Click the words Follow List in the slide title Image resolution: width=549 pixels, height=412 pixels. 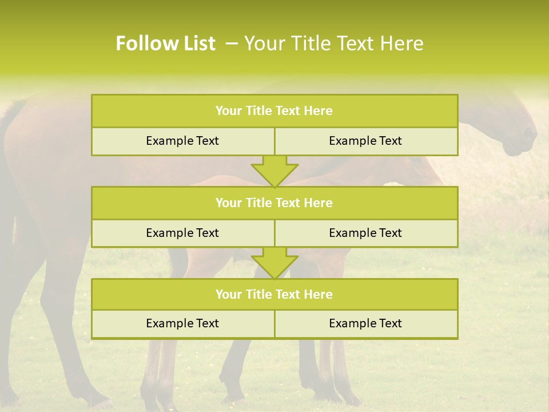point(166,43)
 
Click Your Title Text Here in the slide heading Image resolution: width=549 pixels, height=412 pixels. point(334,43)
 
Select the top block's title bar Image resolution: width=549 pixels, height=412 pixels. point(274,111)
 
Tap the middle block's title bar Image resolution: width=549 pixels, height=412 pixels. point(274,203)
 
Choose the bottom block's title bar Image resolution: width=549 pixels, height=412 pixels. point(274,294)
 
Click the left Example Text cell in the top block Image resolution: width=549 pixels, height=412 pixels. point(182,141)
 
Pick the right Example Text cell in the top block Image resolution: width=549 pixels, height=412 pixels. point(365,141)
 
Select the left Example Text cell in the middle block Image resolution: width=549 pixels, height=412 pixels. point(182,233)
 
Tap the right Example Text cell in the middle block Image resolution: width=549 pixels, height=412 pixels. point(365,233)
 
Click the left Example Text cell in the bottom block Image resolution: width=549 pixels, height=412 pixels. point(182,323)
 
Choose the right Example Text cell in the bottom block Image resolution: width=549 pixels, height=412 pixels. point(365,323)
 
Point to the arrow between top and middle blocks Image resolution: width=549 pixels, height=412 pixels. point(274,171)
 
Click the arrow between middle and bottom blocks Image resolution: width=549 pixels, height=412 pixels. point(274,263)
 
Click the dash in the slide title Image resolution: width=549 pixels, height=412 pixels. point(232,43)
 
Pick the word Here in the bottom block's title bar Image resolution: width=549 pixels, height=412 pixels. point(318,294)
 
